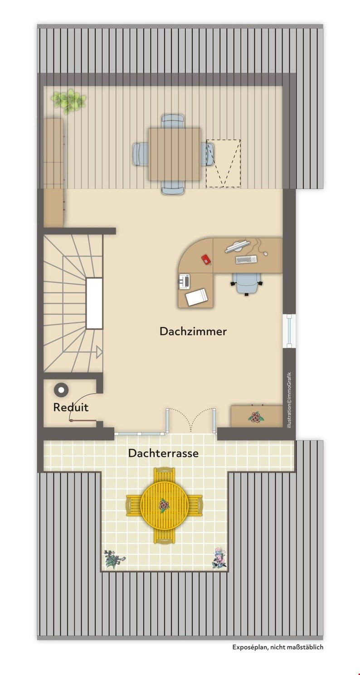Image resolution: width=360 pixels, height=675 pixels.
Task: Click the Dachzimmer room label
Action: tap(193, 331)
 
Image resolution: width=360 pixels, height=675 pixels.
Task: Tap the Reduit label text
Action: tap(71, 408)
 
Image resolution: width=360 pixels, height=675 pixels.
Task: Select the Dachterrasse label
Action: tap(163, 453)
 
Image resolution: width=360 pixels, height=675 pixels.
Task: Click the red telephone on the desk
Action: tap(206, 259)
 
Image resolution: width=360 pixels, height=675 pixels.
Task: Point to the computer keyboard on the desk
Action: tap(246, 259)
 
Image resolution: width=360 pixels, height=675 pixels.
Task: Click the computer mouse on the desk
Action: tap(265, 253)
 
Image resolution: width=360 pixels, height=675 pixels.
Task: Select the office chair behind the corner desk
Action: tap(247, 284)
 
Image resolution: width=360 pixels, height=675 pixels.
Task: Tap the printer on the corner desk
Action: tap(185, 282)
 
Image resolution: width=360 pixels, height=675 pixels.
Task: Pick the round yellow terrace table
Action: tap(165, 505)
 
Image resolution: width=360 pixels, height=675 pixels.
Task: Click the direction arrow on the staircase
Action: tap(99, 352)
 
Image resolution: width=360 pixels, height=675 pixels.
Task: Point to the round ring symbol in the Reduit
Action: tap(61, 390)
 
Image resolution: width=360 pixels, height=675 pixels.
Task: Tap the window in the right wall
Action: tap(289, 331)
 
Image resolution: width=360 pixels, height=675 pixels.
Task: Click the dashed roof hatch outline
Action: tap(223, 163)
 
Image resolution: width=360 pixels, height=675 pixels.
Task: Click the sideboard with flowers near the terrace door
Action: tap(257, 416)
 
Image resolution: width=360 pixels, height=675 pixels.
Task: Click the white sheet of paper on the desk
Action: tap(197, 297)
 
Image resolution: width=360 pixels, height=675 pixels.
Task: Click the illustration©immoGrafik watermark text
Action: tap(289, 399)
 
